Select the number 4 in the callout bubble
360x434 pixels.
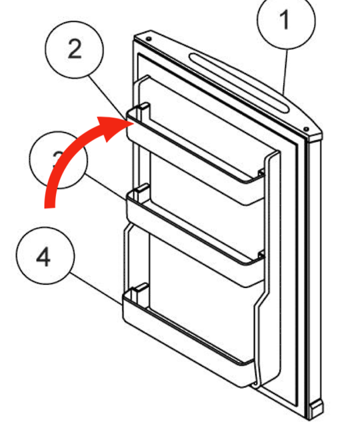point(43,257)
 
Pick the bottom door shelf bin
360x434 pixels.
point(187,340)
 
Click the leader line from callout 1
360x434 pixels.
point(285,73)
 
